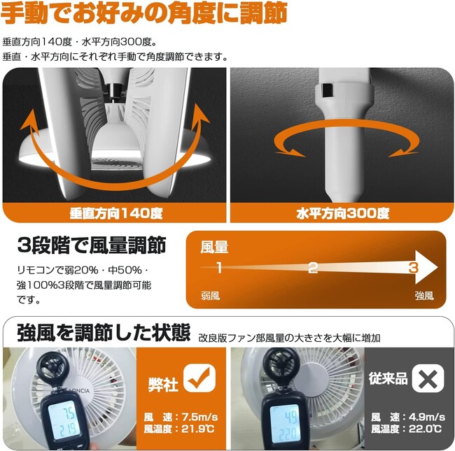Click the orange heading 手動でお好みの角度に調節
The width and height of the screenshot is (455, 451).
[x=144, y=13]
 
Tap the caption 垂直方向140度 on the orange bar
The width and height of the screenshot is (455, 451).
[x=116, y=213]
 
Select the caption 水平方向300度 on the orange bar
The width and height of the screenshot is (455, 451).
[x=343, y=213]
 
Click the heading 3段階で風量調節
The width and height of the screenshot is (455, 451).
[x=92, y=245]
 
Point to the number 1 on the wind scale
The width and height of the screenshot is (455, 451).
[x=219, y=267]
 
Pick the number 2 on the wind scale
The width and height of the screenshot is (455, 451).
[x=312, y=268]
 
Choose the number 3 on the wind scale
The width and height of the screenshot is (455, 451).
[x=413, y=267]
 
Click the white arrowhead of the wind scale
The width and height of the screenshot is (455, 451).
[x=426, y=267]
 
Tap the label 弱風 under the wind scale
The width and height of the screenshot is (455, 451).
[x=211, y=296]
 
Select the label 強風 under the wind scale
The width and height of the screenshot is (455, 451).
[x=424, y=296]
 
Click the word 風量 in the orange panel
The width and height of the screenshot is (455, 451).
[x=214, y=248]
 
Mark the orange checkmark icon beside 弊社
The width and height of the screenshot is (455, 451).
[x=199, y=378]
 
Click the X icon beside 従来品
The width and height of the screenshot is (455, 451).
[x=428, y=378]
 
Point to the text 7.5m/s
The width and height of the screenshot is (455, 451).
[x=200, y=417]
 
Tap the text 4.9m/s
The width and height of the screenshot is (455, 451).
[x=427, y=417]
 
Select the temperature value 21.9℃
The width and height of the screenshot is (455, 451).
[x=198, y=429]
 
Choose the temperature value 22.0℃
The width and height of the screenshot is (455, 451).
[x=425, y=429]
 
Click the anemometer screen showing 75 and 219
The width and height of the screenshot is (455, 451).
[x=63, y=420]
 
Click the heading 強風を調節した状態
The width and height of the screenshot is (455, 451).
[x=104, y=332]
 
